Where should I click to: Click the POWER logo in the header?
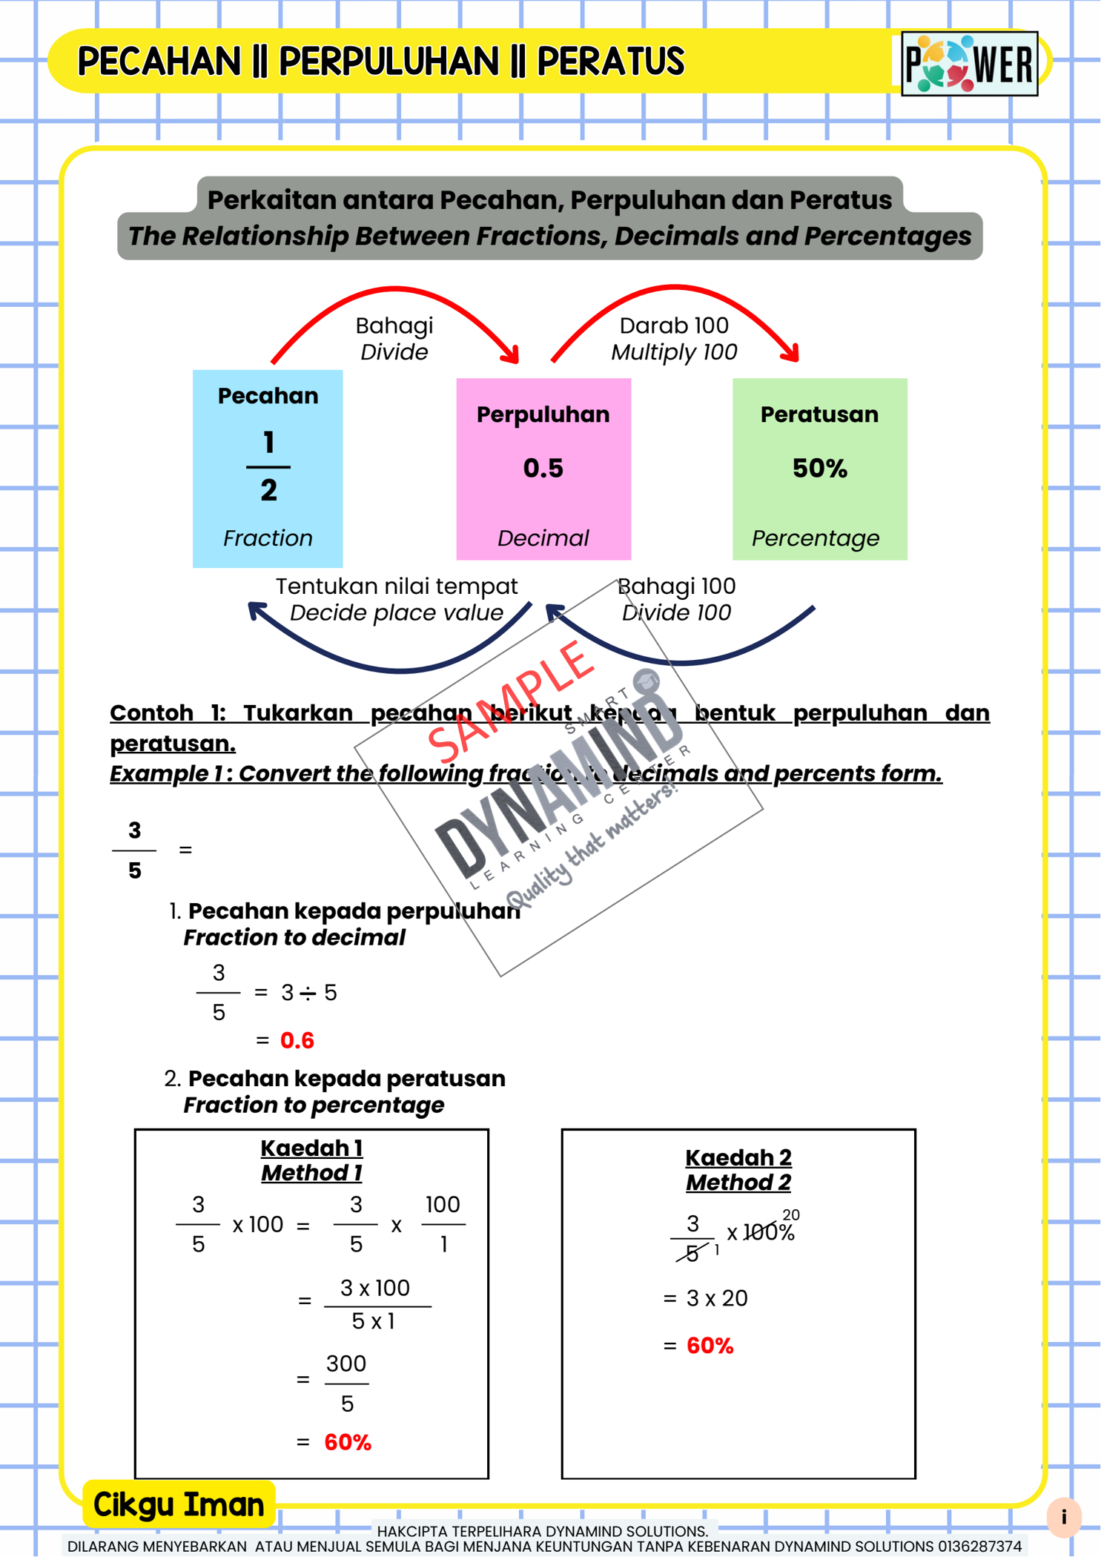point(969,64)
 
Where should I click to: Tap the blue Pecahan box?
point(268,468)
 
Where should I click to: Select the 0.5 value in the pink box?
point(543,469)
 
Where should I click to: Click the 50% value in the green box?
point(819,469)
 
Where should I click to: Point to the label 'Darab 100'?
point(674,325)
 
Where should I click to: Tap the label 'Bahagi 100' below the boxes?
point(677,586)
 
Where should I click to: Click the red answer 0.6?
point(297,1040)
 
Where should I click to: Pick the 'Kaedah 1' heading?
point(311,1148)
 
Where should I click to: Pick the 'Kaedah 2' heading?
point(738,1157)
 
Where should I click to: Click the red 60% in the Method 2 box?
point(710,1346)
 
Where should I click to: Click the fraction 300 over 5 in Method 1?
point(346,1383)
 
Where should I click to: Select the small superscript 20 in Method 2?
point(791,1215)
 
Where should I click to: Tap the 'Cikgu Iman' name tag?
point(179,1504)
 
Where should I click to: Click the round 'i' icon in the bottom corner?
point(1064,1516)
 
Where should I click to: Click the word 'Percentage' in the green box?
point(816,538)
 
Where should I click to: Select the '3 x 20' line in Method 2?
point(716,1298)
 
